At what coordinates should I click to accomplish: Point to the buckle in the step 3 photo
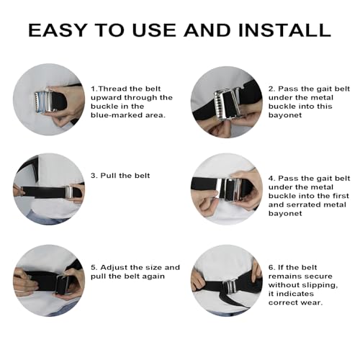(69, 192)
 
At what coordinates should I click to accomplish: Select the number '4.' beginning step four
(271, 177)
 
